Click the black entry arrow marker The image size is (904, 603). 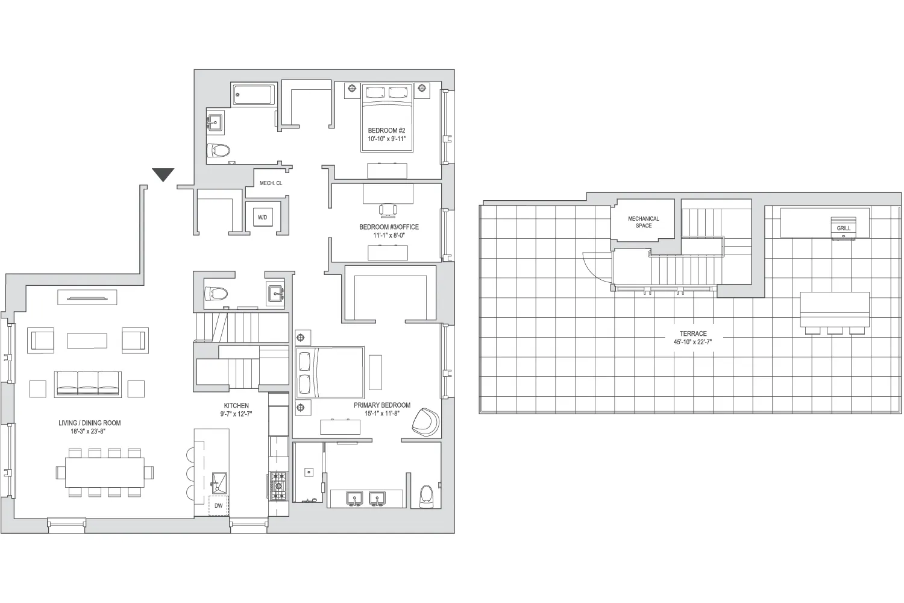pyautogui.click(x=163, y=174)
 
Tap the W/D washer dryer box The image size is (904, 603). pyautogui.click(x=262, y=217)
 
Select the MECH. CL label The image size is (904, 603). pyautogui.click(x=271, y=183)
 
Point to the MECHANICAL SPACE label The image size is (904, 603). pyautogui.click(x=643, y=222)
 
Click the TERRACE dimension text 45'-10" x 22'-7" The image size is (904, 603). pyautogui.click(x=692, y=342)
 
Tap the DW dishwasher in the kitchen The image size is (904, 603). pyautogui.click(x=218, y=505)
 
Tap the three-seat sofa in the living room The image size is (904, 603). pyautogui.click(x=88, y=383)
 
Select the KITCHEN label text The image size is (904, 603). pyautogui.click(x=236, y=406)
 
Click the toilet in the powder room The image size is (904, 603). pyautogui.click(x=216, y=294)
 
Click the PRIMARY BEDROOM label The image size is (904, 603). pyautogui.click(x=382, y=405)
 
